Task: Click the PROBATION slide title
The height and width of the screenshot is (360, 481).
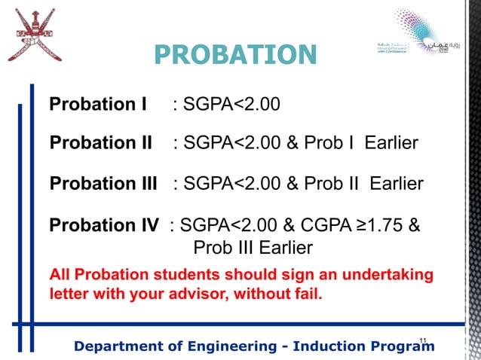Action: [235, 55]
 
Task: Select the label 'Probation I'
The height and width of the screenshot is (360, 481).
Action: [98, 104]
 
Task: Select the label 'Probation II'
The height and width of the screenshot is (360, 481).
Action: [101, 143]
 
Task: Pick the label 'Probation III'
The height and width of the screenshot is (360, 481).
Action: [103, 184]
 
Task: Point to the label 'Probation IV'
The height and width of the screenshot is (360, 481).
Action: [104, 224]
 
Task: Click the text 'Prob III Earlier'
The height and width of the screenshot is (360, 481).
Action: [253, 248]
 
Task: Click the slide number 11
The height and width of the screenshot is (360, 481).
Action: [423, 342]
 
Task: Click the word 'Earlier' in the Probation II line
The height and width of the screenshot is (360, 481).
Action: [391, 143]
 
